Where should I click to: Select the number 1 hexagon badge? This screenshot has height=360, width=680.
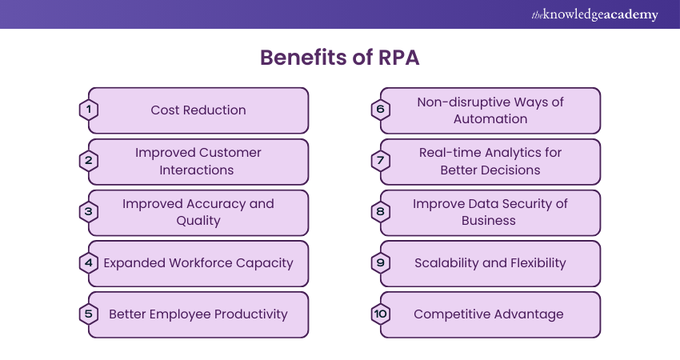(89, 110)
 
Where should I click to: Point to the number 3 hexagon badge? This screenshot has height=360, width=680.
(89, 212)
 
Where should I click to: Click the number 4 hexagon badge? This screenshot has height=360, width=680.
(89, 263)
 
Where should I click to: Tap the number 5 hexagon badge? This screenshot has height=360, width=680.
(89, 314)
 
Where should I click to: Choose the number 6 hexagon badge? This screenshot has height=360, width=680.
(381, 110)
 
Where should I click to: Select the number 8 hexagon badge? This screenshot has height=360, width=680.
(381, 212)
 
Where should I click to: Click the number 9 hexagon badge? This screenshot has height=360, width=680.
(381, 263)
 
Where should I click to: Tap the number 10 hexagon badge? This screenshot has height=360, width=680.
(381, 314)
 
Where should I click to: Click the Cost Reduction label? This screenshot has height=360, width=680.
(198, 110)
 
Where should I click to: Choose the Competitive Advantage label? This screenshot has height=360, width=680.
(488, 314)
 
